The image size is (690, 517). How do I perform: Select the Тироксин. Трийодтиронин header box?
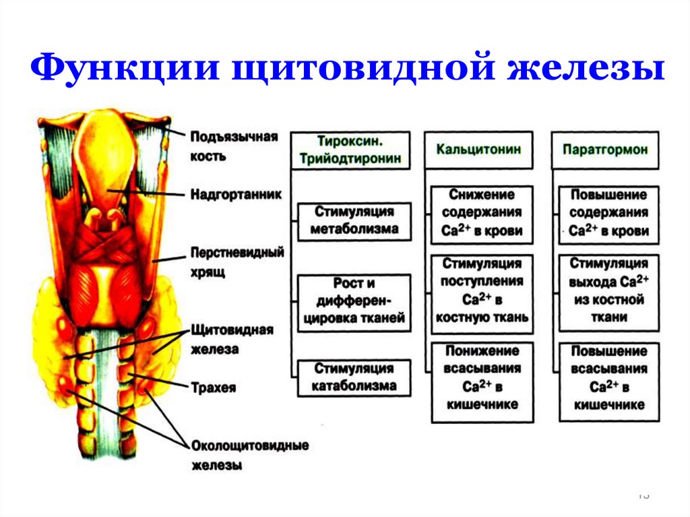[350, 150]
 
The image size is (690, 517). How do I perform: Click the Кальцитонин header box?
[478, 150]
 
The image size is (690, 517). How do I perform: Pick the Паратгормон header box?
[605, 150]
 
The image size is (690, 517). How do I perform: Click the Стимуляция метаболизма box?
[354, 220]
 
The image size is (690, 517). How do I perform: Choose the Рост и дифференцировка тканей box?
[354, 301]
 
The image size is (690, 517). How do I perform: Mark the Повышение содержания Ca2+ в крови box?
[608, 213]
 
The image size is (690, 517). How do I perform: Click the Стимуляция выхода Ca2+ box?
[608, 290]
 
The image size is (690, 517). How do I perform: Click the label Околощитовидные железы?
[249, 455]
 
